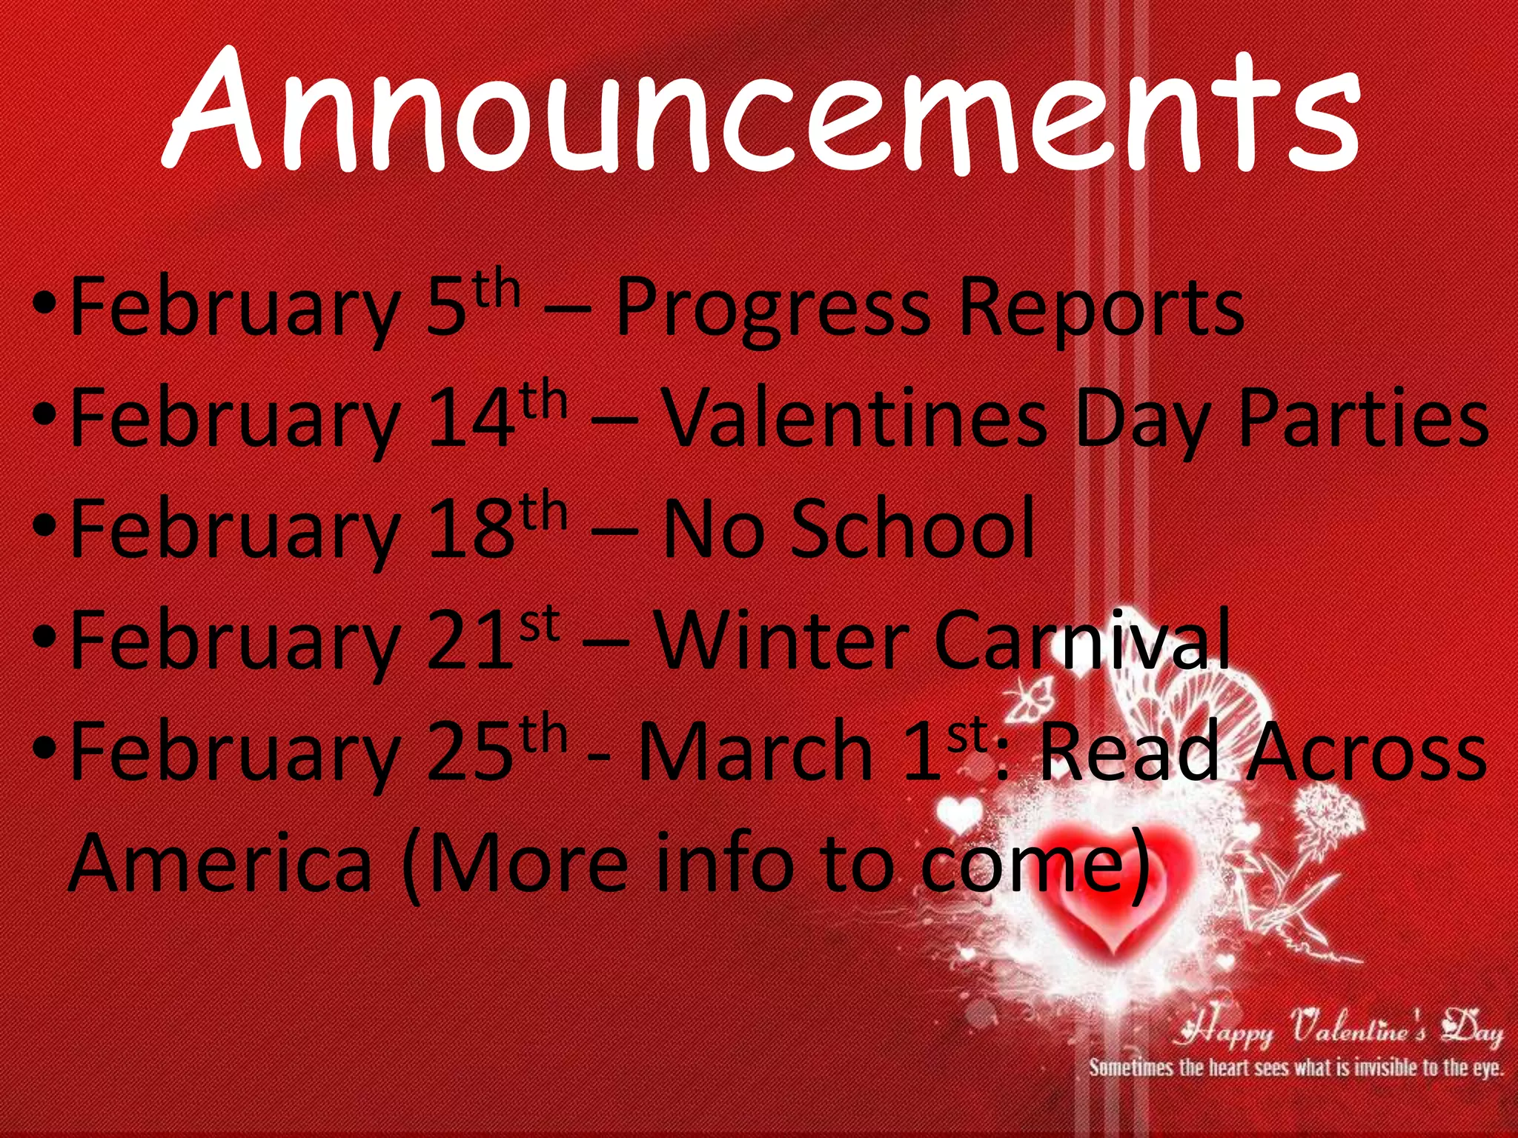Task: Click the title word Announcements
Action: pyautogui.click(x=762, y=111)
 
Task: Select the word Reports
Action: pyautogui.click(x=1100, y=308)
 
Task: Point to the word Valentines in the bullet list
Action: pyautogui.click(x=853, y=418)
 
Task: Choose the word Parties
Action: pyautogui.click(x=1363, y=418)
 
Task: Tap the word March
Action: pyautogui.click(x=755, y=751)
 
